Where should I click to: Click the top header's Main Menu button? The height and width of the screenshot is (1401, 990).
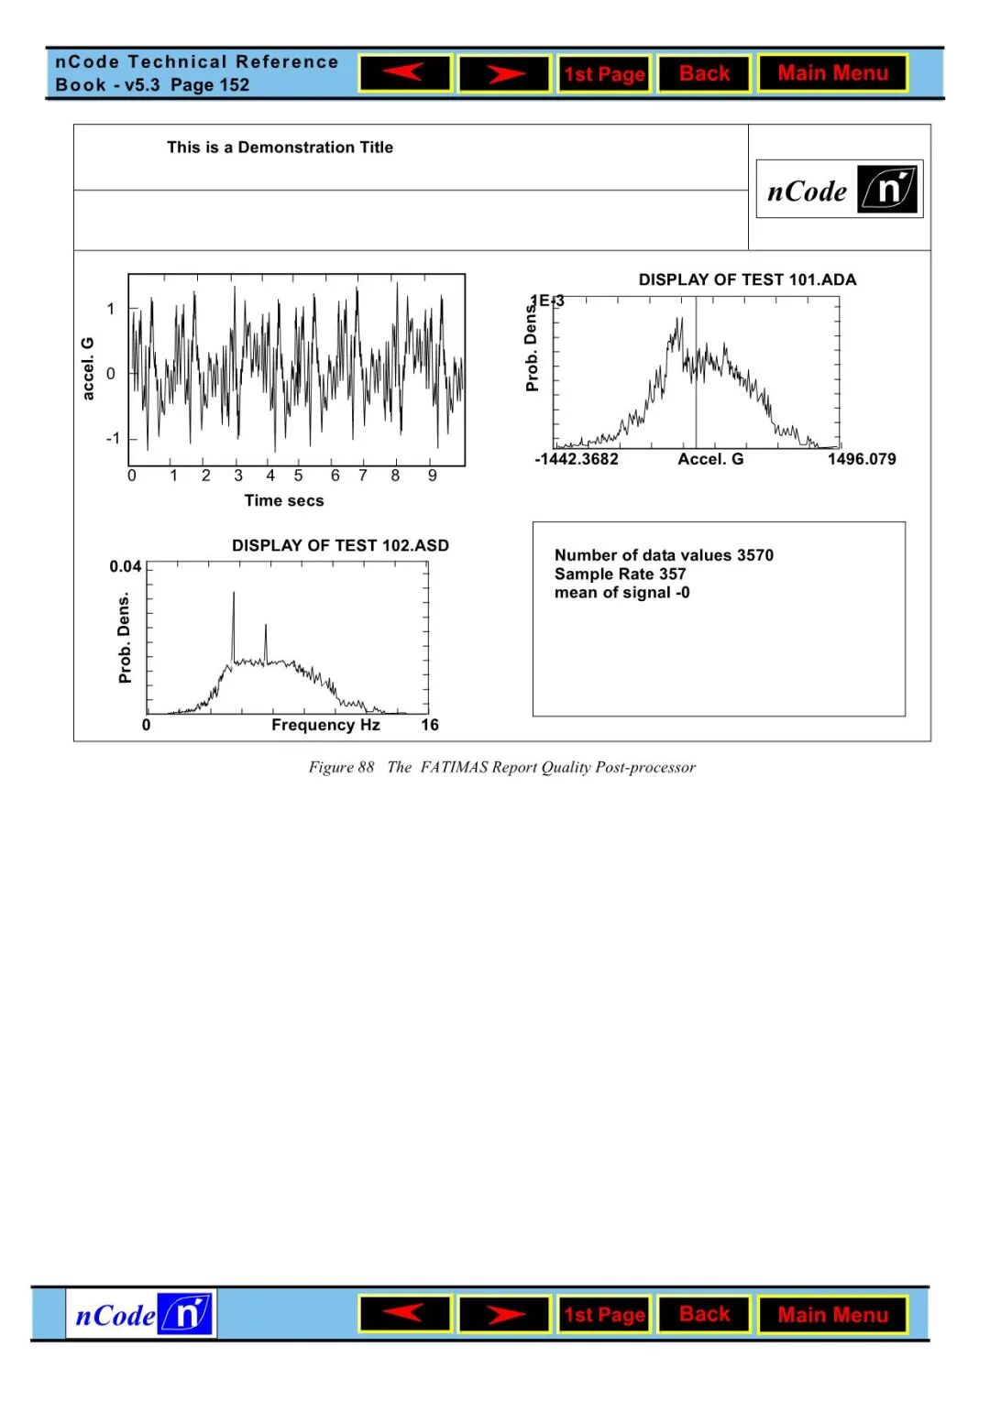(x=832, y=73)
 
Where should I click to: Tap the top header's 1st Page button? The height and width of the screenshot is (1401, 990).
(x=604, y=74)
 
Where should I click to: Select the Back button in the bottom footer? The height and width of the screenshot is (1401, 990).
(x=704, y=1314)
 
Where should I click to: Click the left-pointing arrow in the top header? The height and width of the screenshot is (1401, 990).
(x=405, y=73)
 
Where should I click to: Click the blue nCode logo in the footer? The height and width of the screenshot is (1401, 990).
(x=141, y=1314)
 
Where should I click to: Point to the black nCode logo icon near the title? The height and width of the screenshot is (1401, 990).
(x=887, y=190)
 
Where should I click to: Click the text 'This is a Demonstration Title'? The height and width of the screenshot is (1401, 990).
(x=280, y=148)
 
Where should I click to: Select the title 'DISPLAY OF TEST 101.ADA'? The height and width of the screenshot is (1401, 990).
(x=747, y=279)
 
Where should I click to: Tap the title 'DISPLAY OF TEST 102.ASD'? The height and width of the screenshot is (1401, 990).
(x=340, y=545)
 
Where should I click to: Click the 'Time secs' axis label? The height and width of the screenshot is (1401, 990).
(x=284, y=500)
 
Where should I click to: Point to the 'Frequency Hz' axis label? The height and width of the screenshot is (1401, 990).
(x=325, y=725)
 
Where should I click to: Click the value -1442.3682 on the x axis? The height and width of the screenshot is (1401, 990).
(x=577, y=459)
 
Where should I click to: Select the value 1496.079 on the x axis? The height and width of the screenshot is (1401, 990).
(x=862, y=459)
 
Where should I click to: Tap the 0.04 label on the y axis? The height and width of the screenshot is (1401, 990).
(x=126, y=566)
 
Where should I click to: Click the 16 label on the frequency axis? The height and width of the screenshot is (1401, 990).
(x=430, y=725)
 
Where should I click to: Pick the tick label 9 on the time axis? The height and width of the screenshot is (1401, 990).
(x=433, y=476)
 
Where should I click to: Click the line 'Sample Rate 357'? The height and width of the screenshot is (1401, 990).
(x=620, y=574)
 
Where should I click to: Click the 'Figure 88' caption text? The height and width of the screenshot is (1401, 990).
(x=341, y=767)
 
